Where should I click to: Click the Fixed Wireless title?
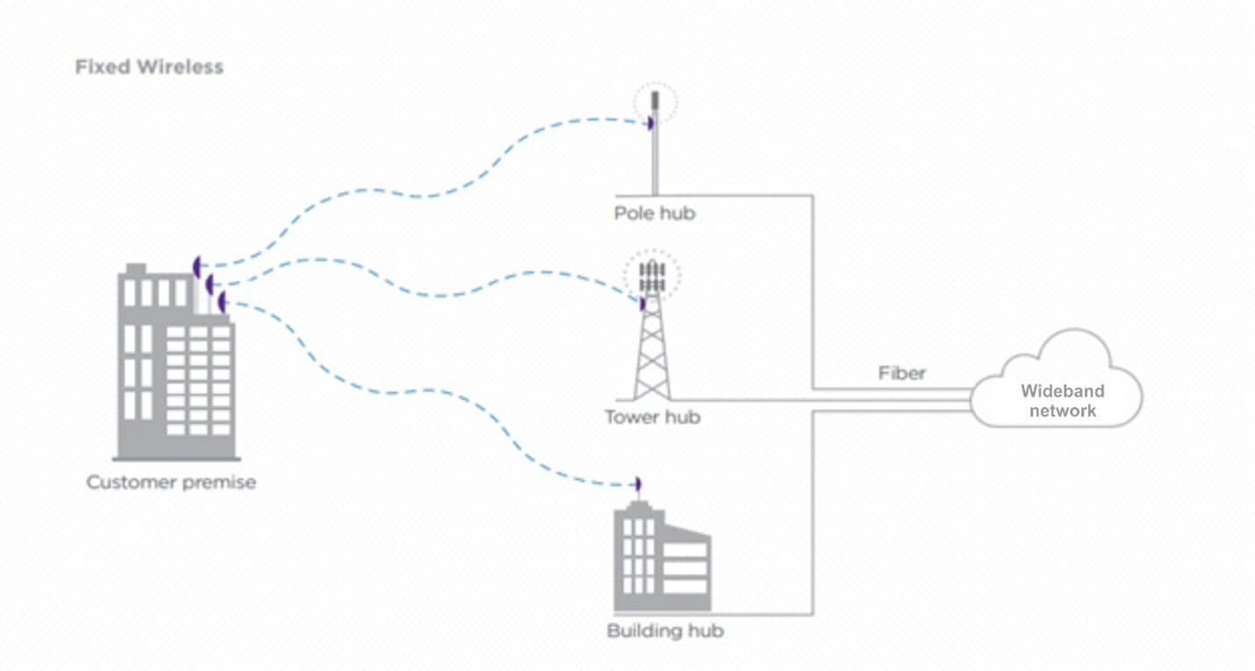coord(149,67)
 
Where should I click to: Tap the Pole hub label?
coord(654,213)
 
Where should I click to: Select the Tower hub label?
coord(652,417)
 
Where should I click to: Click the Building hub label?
coord(665,631)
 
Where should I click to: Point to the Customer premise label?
coord(171,482)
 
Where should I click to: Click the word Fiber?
coord(902,373)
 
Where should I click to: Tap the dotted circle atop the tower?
coord(652,275)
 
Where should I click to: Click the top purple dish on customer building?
coord(197,265)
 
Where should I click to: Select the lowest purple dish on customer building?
coord(222,303)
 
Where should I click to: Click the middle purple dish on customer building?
coord(210,284)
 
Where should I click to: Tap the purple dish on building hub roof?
coord(638,484)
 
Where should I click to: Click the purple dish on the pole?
coord(650,124)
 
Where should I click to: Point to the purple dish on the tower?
coord(642,303)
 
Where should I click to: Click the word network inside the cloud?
coord(1062,410)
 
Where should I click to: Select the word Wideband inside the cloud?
coord(1062,391)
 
